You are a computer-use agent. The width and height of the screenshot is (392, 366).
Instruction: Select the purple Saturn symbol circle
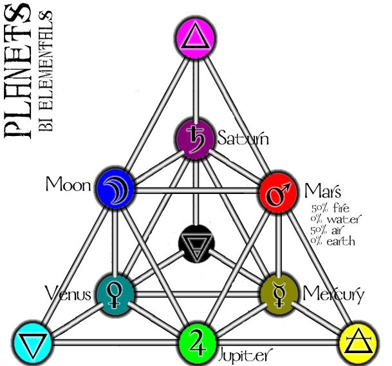tap(194, 137)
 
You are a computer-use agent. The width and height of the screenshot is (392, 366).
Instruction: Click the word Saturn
tap(242, 138)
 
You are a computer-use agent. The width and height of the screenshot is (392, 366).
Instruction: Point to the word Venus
tap(69, 294)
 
